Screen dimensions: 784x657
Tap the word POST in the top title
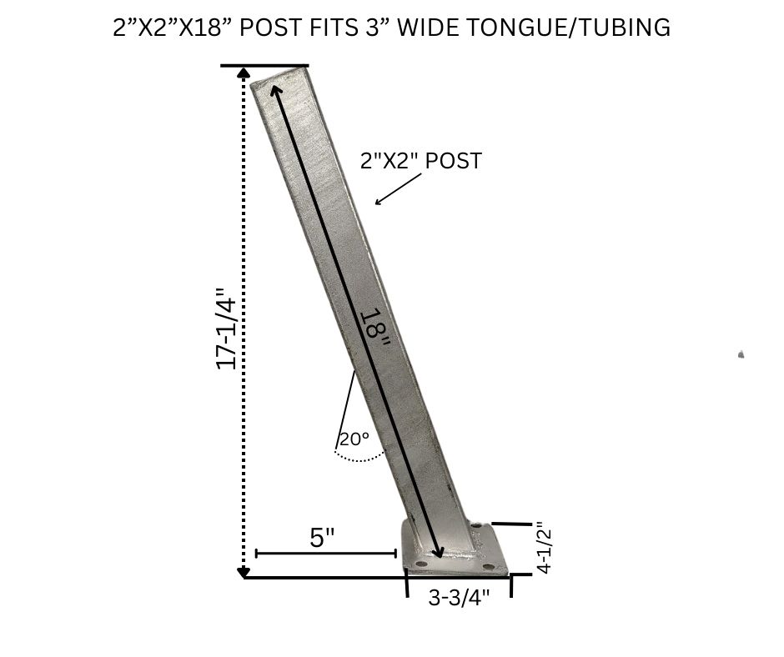click(269, 27)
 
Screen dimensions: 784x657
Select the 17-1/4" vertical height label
click(225, 328)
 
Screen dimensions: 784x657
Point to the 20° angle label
click(354, 439)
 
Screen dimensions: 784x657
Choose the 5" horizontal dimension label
click(322, 538)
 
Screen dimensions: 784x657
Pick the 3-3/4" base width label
click(459, 597)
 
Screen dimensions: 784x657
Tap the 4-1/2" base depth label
click(543, 548)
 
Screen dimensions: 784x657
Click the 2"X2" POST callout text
click(421, 161)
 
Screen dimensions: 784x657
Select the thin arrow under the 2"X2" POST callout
click(399, 189)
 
